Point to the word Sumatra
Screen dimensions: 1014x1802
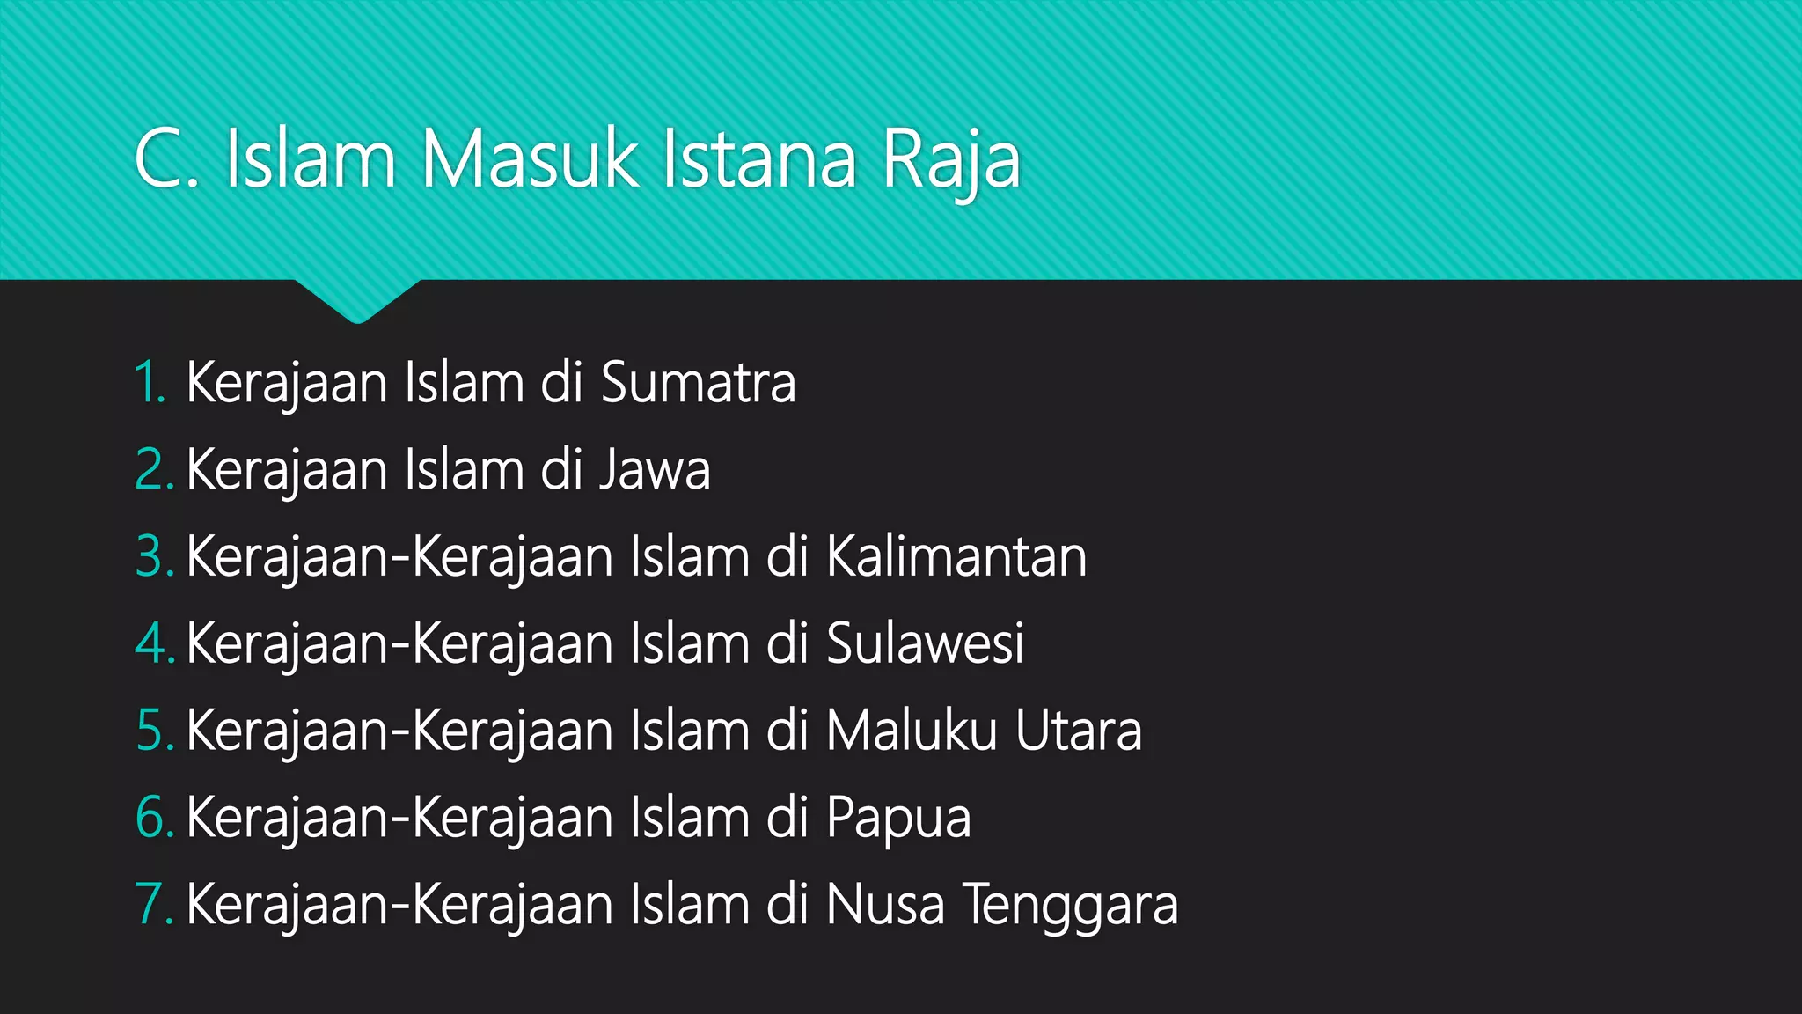[698, 382]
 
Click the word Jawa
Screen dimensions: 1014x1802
[655, 469]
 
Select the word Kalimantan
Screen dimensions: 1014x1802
[956, 556]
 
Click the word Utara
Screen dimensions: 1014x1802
[1078, 731]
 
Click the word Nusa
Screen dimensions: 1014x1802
[885, 905]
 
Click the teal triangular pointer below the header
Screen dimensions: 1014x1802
[357, 299]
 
